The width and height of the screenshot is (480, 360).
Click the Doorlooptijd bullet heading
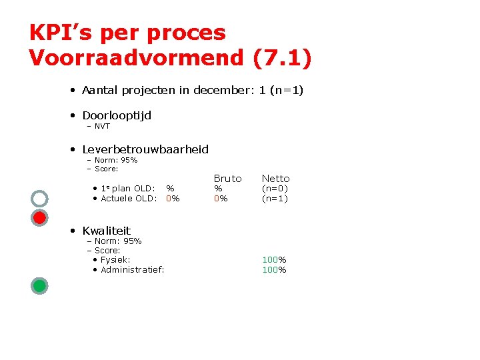coord(117,115)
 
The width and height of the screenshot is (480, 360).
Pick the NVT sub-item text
coord(102,126)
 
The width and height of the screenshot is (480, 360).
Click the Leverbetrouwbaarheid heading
coord(145,149)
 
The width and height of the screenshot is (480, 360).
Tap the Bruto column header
coord(227,178)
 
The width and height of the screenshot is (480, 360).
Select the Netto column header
coord(275,178)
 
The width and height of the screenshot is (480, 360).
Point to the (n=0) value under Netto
coord(275,189)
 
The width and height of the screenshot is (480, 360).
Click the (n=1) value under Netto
coord(275,198)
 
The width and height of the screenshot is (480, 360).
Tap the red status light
coord(39,217)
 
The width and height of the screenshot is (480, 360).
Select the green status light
coord(39,286)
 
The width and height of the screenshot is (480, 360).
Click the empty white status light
coord(39,198)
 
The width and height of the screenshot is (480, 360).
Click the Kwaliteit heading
coord(107,231)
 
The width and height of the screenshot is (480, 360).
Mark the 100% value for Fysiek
coord(274,259)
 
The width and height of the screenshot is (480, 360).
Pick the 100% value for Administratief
coord(274,269)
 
